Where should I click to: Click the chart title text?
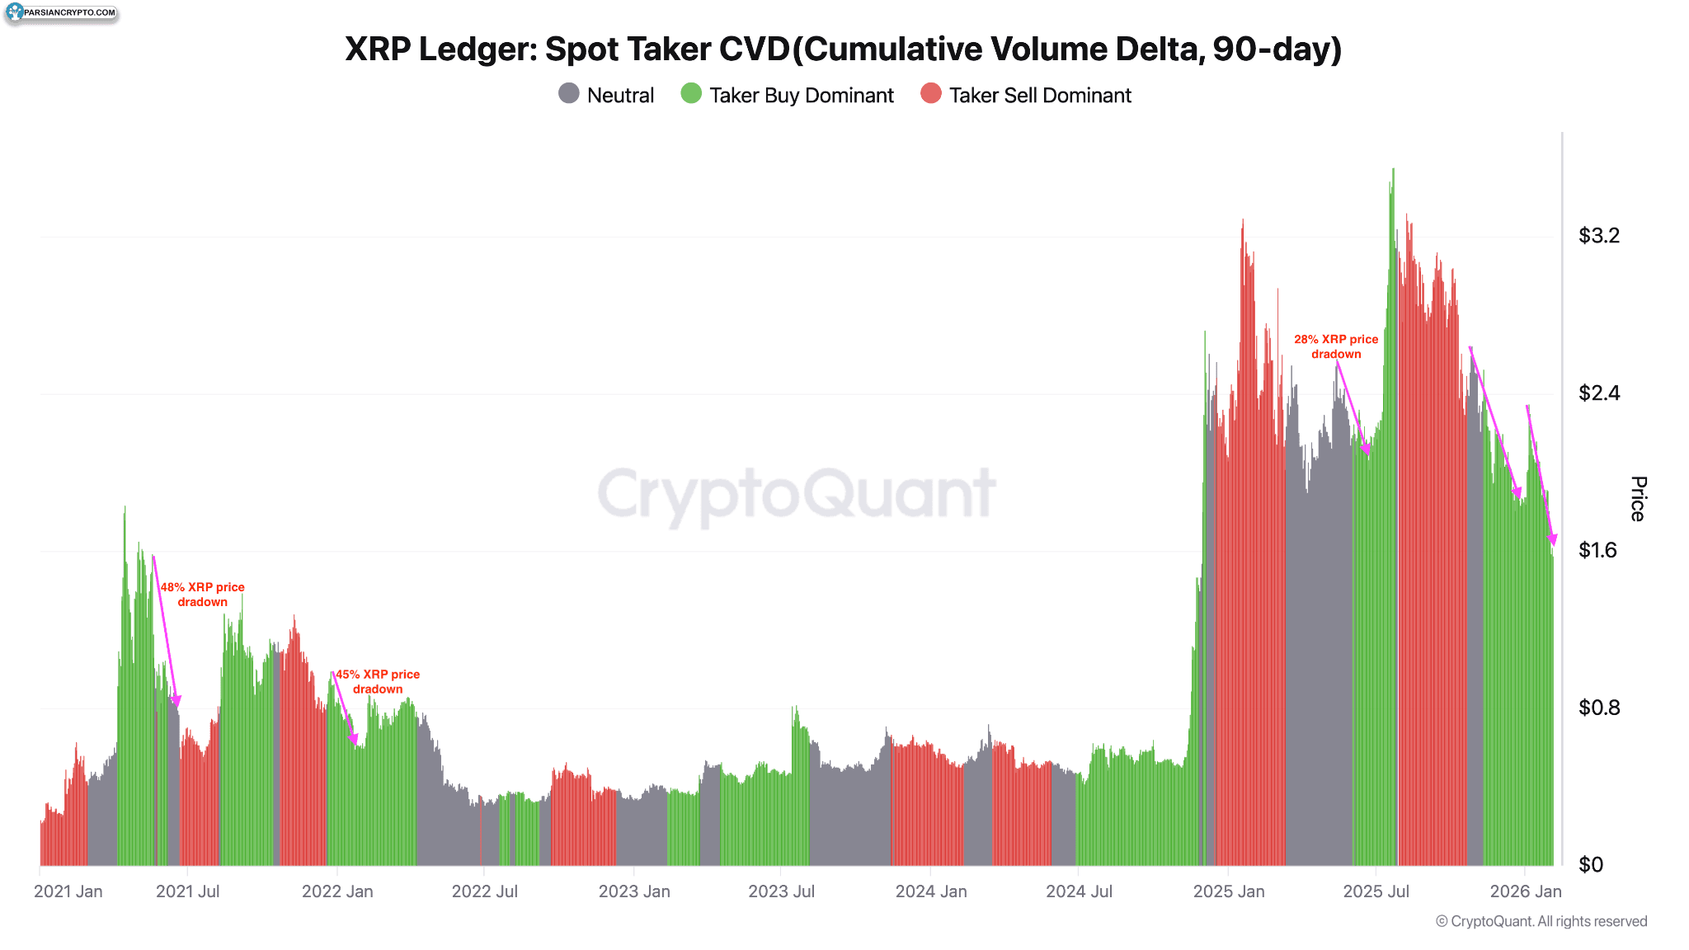coord(843,49)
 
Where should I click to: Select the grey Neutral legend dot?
coord(568,94)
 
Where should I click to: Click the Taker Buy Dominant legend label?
coord(801,96)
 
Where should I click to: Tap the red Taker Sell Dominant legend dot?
coord(930,94)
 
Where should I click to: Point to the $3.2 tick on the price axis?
coord(1598,236)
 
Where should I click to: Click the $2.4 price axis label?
coord(1598,393)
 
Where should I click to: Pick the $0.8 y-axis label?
coord(1598,708)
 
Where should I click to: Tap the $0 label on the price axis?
coord(1590,864)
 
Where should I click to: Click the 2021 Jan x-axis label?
coord(68,891)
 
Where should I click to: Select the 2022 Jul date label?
coord(484,891)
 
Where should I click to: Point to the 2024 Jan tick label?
coord(931,891)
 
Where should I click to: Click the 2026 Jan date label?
coord(1526,891)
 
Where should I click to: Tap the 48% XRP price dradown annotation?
coord(202,595)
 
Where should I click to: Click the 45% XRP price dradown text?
coord(378,682)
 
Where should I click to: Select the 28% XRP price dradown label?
coord(1336,346)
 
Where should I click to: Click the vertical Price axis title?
coord(1638,499)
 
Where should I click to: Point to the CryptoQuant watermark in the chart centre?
coord(797,494)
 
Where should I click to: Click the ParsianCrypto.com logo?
coord(61,12)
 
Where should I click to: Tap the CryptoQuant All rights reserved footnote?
coord(1541,921)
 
